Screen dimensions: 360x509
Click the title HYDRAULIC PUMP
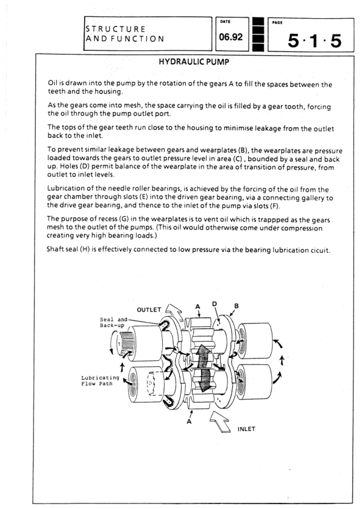pos(194,62)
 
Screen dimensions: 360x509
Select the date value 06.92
pos(231,37)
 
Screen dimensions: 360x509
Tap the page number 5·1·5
pos(314,41)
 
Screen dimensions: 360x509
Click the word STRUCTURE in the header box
pos(116,29)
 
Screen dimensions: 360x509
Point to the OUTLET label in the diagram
pos(149,310)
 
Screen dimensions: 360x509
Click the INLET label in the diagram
pos(246,429)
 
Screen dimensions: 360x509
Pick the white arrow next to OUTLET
pos(174,311)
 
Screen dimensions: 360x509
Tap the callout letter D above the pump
pos(214,304)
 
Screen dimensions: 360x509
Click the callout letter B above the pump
pos(237,306)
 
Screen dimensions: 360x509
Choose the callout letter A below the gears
pos(189,421)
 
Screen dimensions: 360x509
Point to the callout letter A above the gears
pos(197,306)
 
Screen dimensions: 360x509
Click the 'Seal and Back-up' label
pos(113,322)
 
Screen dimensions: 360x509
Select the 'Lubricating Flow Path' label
pos(100,381)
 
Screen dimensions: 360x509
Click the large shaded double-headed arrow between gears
pos(203,368)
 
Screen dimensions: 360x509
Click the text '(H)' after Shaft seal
pos(85,249)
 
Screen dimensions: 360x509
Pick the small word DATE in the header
pos(225,22)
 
